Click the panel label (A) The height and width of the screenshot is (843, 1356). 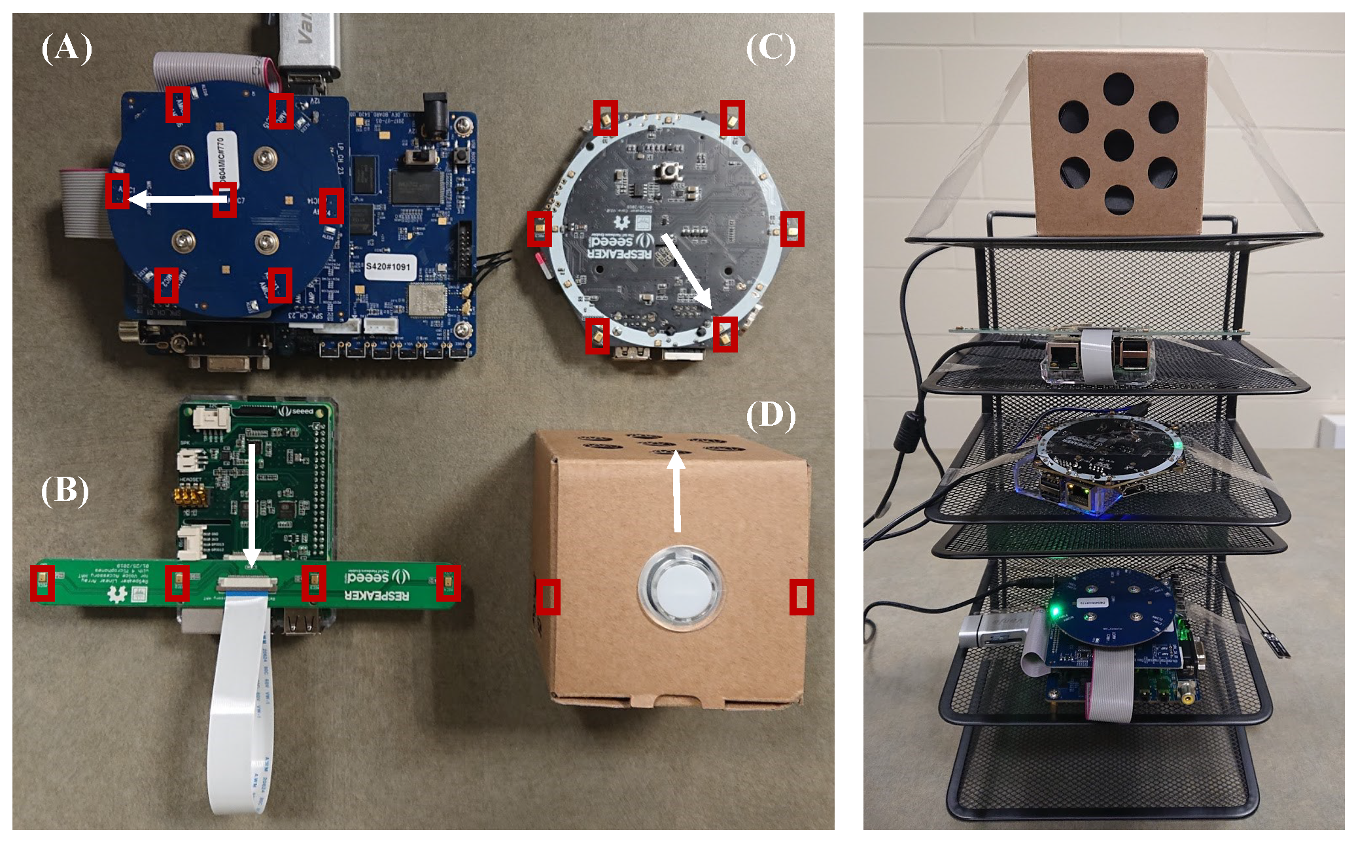pyautogui.click(x=67, y=48)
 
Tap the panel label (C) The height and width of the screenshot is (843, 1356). pyautogui.click(x=771, y=48)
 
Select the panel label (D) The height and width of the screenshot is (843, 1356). pyautogui.click(x=771, y=416)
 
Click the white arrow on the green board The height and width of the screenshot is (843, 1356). pyautogui.click(x=252, y=504)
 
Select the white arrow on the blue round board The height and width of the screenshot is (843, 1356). pyautogui.click(x=173, y=198)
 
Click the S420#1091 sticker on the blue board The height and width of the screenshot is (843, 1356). pyautogui.click(x=388, y=266)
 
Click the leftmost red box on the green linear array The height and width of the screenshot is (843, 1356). pyautogui.click(x=43, y=583)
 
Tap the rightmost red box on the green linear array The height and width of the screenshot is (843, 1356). pyautogui.click(x=449, y=583)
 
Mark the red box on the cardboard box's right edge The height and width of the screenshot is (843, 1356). pyautogui.click(x=801, y=596)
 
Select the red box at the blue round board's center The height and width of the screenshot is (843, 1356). pyautogui.click(x=224, y=199)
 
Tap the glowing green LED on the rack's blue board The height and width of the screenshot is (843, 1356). pyautogui.click(x=1054, y=611)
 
